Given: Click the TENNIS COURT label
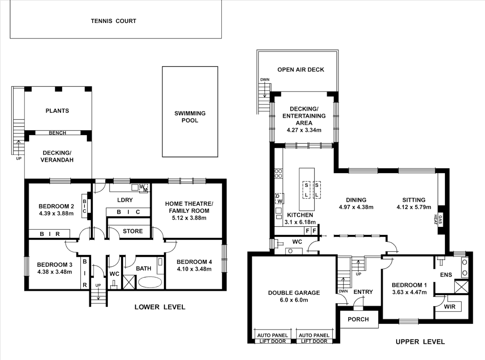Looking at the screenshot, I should click(x=113, y=21).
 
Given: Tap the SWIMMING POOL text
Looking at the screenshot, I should click(x=190, y=117).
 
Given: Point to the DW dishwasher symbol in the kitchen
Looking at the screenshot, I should click(x=279, y=199).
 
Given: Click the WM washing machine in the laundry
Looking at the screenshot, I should click(x=143, y=188).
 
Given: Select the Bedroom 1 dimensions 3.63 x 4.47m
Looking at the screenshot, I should click(x=409, y=292).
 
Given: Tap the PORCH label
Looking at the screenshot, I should click(x=358, y=319).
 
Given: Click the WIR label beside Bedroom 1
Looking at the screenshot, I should click(x=449, y=307).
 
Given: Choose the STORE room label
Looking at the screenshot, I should click(x=133, y=231).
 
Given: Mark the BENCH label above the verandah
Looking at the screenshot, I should click(x=57, y=133).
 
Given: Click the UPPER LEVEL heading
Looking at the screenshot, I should click(x=420, y=342).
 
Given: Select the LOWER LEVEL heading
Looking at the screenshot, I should click(x=160, y=307).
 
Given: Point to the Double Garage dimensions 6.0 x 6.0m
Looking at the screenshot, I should click(x=294, y=300).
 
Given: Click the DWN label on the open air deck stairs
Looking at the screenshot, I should click(x=265, y=80).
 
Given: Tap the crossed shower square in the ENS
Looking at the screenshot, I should click(x=461, y=287).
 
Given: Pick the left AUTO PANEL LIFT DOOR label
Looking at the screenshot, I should click(x=272, y=338).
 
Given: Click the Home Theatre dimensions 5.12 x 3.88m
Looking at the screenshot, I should click(x=189, y=218).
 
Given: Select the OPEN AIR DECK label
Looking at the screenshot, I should click(x=301, y=70).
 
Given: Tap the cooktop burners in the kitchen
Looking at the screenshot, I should click(x=278, y=174).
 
